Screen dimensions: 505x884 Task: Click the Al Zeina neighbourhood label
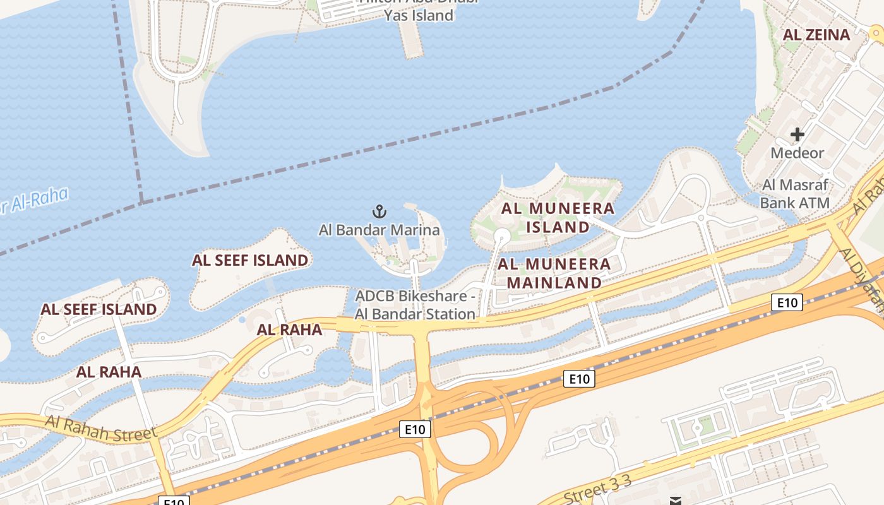pos(816,35)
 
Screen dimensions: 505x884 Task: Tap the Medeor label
pos(797,153)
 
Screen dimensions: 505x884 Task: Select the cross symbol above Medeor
pos(797,134)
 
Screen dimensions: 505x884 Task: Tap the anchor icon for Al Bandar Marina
pos(379,211)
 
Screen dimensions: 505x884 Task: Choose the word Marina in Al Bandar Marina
pos(415,230)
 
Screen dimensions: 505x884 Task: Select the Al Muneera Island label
pos(558,217)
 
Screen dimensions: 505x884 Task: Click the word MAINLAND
pos(554,282)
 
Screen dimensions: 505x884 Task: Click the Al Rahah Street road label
pos(101,429)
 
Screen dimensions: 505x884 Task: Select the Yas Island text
pos(419,15)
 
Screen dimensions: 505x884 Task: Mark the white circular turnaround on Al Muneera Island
pos(502,237)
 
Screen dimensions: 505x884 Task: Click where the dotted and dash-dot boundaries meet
pos(141,202)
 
